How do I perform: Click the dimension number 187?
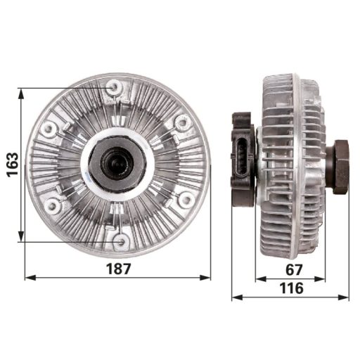pos(117,268)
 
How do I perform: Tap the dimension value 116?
pos(290,288)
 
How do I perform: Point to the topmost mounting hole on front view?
pos(114,87)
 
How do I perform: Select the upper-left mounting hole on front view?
pos(49,129)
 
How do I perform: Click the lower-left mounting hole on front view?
pos(52,206)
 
